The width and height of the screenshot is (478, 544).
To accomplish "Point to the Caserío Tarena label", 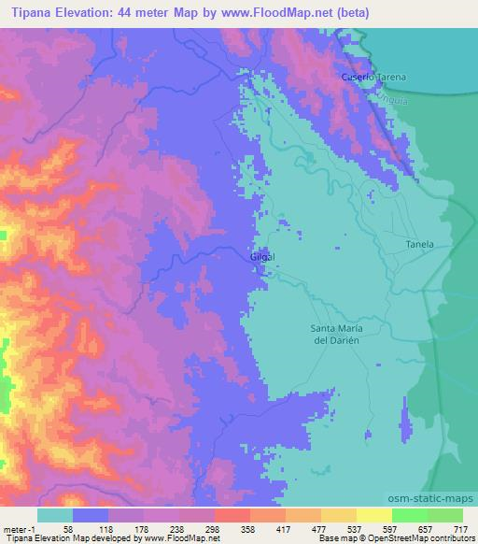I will coord(370,77).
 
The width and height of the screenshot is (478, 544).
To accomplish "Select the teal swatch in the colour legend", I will coord(55,515).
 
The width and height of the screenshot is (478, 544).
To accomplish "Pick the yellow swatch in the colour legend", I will coord(373,515).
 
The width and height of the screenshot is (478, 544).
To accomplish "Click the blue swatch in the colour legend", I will coord(91,515).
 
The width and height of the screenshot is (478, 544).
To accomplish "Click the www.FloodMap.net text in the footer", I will coord(178,539).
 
